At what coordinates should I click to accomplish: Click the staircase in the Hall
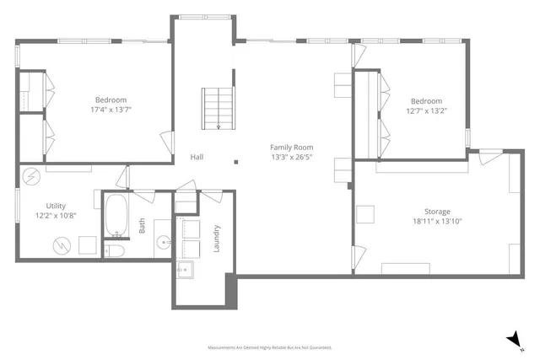click(x=218, y=109)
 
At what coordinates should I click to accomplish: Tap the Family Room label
click(x=293, y=147)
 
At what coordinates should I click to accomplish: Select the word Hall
click(x=196, y=157)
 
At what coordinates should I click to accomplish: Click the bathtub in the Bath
click(x=115, y=216)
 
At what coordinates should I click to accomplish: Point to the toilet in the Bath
click(x=115, y=251)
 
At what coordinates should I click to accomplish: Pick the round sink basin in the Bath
click(x=162, y=241)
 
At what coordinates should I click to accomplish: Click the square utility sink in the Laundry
click(x=184, y=271)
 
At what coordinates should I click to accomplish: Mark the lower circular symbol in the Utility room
click(x=62, y=245)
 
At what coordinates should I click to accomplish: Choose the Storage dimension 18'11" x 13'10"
click(x=437, y=221)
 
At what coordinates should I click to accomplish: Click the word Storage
click(x=437, y=211)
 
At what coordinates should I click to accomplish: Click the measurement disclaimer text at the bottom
click(x=269, y=347)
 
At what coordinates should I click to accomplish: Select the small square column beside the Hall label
click(x=235, y=159)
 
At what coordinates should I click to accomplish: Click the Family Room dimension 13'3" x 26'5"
click(x=293, y=157)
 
